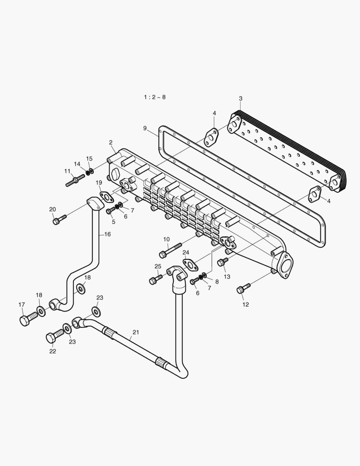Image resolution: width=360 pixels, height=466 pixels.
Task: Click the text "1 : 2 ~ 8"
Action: click(x=154, y=97)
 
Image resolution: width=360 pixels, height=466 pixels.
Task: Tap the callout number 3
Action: click(x=240, y=99)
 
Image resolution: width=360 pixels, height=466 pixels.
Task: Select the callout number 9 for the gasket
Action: click(x=145, y=128)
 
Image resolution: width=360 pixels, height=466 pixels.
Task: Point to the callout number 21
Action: click(x=136, y=332)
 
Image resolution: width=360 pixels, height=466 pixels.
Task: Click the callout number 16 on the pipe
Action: click(x=107, y=234)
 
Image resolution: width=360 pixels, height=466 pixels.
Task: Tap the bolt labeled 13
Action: click(x=222, y=261)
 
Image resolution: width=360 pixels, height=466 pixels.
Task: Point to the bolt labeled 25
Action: click(x=155, y=280)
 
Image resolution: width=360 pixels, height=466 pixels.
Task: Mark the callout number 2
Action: click(x=111, y=142)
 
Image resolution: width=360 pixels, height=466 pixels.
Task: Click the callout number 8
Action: click(x=217, y=281)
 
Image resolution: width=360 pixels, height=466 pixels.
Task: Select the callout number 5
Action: click(x=113, y=222)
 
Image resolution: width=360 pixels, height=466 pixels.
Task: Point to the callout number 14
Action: click(x=77, y=164)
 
